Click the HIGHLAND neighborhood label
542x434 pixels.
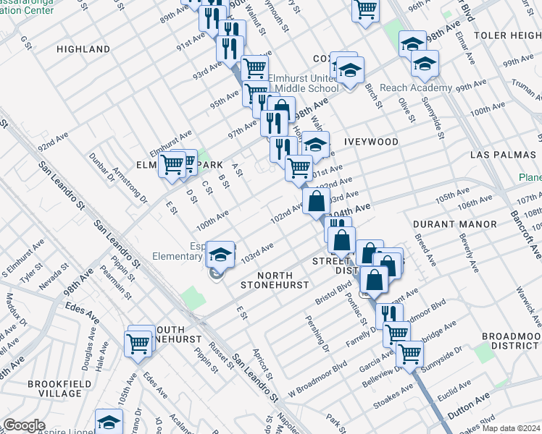[x=83, y=49]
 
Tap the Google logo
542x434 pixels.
[x=25, y=425]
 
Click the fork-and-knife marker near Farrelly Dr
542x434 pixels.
[x=390, y=315]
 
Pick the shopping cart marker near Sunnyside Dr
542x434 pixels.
[x=410, y=354]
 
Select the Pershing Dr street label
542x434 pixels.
[x=317, y=328]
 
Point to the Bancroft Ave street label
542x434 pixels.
[x=535, y=231]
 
